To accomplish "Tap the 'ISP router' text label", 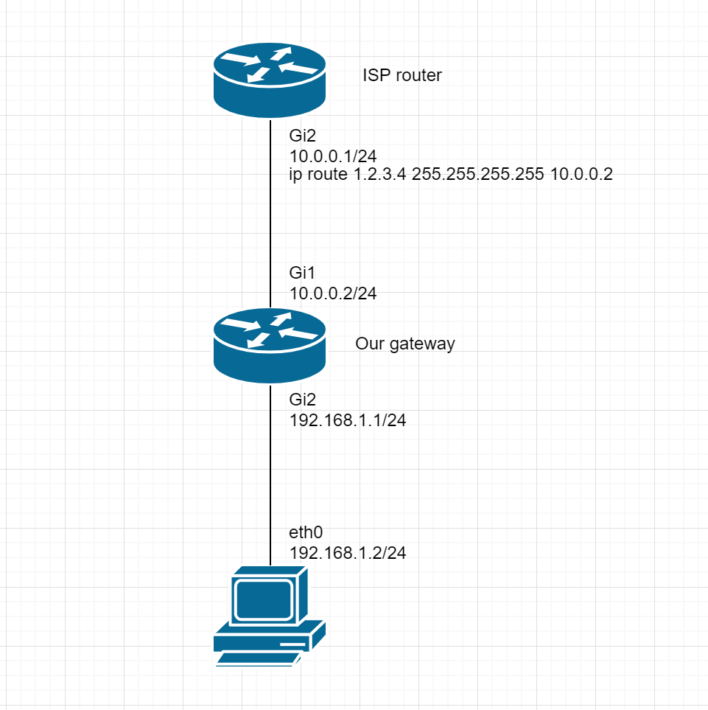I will [x=402, y=75].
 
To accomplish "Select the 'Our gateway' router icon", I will [x=270, y=345].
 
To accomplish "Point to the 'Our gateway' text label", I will [x=405, y=344].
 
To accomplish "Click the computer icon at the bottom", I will [x=270, y=616].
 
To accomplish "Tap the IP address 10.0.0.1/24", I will [x=334, y=155].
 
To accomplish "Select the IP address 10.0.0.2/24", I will [x=334, y=293].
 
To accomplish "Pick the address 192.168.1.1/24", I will [x=348, y=421].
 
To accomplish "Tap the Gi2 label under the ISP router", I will [x=303, y=136].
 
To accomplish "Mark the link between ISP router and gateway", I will [x=270, y=221].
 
